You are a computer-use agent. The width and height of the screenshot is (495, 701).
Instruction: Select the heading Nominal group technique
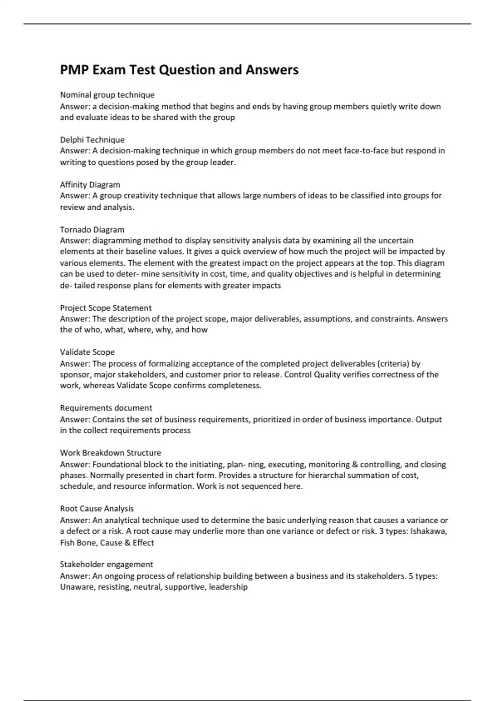107,95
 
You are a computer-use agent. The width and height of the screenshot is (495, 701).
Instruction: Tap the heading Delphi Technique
92,140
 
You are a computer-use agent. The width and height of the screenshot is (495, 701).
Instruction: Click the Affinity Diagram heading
90,185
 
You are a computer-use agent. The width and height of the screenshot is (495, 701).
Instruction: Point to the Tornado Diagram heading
92,230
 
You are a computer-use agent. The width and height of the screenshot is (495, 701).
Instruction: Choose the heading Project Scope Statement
106,308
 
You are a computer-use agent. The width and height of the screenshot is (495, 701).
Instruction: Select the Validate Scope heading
87,352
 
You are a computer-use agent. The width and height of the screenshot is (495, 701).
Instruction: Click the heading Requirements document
106,408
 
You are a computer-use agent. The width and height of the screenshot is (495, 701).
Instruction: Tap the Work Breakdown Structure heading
111,453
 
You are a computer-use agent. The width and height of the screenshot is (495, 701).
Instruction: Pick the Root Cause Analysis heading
97,509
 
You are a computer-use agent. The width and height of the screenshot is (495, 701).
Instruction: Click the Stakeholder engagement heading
106,565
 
